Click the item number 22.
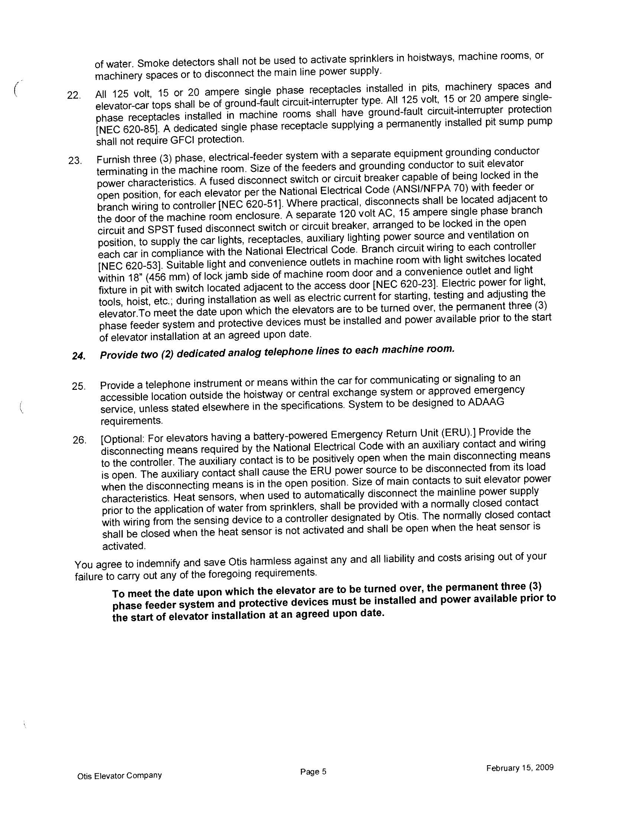pos(73,96)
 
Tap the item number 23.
pos(74,161)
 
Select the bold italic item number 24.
pos(78,356)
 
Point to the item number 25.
pos(78,386)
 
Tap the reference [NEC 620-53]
pos(130,266)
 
